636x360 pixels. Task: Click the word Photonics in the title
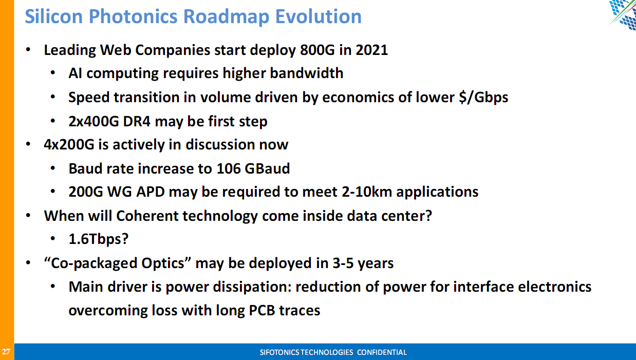tap(134, 17)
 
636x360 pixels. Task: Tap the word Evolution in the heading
tap(319, 16)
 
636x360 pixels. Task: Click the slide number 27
tap(6, 352)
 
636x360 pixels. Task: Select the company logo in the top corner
tap(622, 14)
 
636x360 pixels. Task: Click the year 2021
tap(371, 50)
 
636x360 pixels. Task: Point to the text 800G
tap(317, 50)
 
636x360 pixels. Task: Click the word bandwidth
tap(306, 73)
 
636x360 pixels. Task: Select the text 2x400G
tap(93, 122)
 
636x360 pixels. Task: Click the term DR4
tap(137, 122)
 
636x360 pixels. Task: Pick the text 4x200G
tap(69, 144)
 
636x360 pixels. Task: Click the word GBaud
tap(267, 168)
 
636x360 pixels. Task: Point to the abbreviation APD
tap(151, 192)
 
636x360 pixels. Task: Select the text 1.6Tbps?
tap(99, 239)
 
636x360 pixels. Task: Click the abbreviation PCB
tap(262, 310)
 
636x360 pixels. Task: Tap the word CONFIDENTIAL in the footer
tap(382, 352)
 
